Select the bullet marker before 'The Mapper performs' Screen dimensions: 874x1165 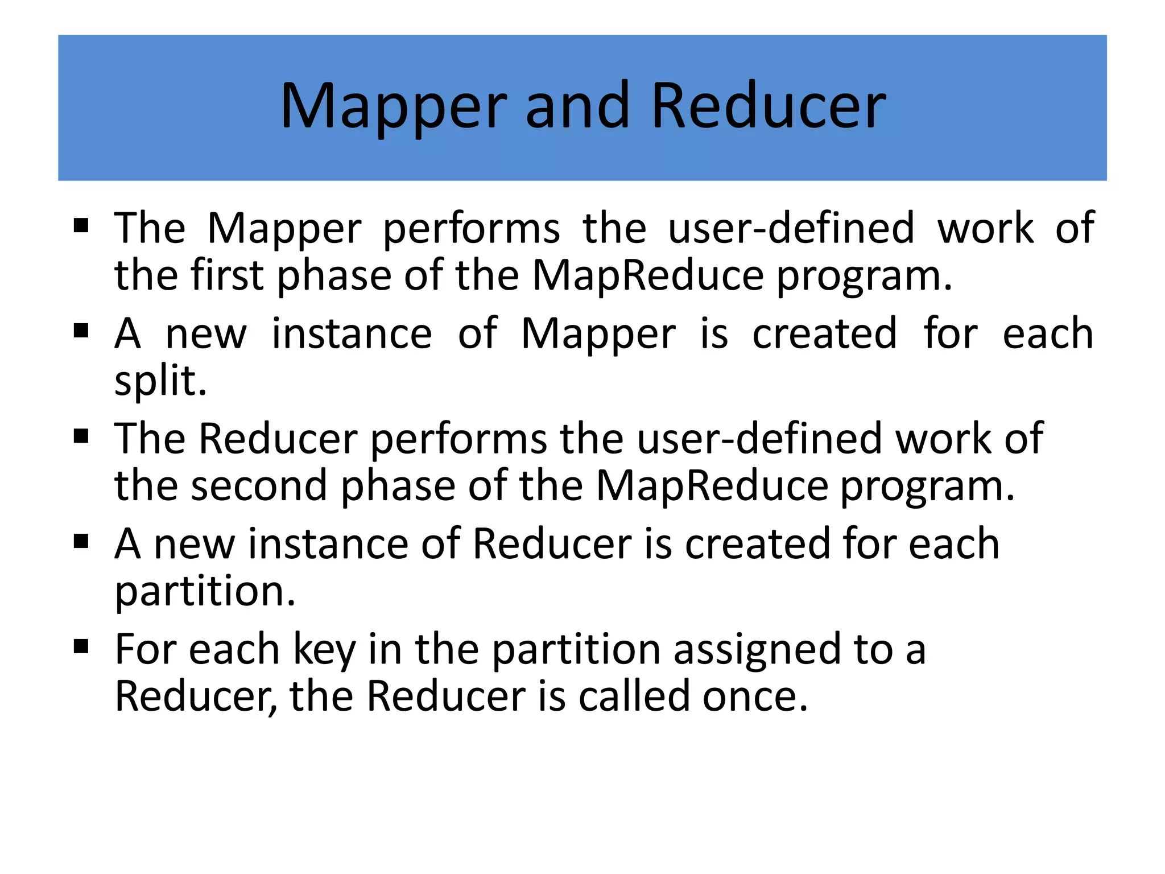[81, 226]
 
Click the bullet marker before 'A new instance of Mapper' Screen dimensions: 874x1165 [81, 331]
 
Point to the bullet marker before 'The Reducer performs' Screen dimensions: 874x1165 [81, 436]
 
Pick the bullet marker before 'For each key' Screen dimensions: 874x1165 [81, 647]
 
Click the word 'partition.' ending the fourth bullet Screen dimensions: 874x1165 [205, 591]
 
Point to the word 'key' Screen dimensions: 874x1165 [324, 650]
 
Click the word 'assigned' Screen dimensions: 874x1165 [757, 650]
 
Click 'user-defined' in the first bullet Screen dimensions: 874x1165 [791, 228]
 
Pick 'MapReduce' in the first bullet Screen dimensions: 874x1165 [648, 275]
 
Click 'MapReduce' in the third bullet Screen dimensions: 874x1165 [712, 486]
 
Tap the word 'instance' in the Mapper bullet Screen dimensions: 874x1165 [352, 333]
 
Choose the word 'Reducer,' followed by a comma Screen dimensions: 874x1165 [196, 696]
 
